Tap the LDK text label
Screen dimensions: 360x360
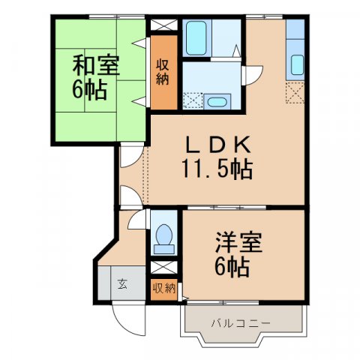[215, 145]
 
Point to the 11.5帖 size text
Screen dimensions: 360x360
[215, 169]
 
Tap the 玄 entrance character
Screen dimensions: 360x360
[121, 284]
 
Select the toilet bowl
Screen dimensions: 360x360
[163, 237]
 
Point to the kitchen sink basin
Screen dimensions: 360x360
[295, 64]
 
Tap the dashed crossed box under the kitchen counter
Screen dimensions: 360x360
[295, 94]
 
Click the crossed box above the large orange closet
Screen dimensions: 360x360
[162, 23]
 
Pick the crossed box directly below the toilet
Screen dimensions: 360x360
[163, 267]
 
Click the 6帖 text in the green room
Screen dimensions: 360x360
[89, 91]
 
